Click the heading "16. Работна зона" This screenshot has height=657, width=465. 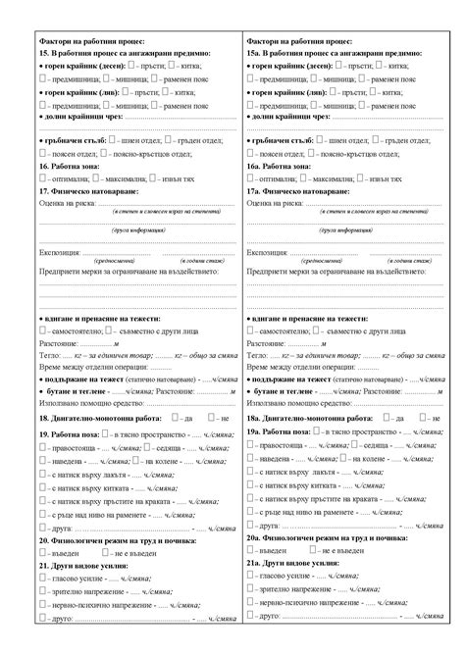[70, 167]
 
